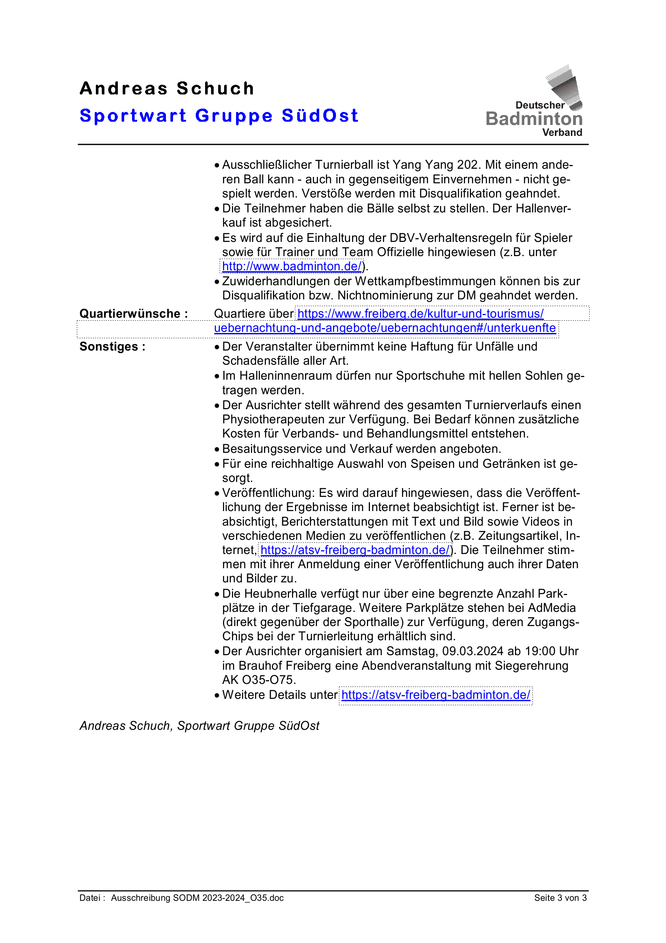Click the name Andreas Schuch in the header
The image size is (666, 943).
[167, 88]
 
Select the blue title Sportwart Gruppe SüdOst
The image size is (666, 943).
[219, 115]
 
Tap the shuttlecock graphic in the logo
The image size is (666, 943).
[566, 87]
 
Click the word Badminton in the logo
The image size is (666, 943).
[534, 119]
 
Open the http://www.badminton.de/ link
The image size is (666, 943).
[292, 267]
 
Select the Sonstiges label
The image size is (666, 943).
[112, 347]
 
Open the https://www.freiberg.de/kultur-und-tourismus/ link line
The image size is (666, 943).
[420, 314]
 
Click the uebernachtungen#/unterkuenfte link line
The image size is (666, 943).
[384, 328]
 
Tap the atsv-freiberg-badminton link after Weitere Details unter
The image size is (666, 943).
[436, 695]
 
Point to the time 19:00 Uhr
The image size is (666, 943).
[549, 651]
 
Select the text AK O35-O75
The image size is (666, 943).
[258, 680]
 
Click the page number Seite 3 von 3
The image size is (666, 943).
[560, 898]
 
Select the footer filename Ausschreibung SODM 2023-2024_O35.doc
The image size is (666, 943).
[197, 898]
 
